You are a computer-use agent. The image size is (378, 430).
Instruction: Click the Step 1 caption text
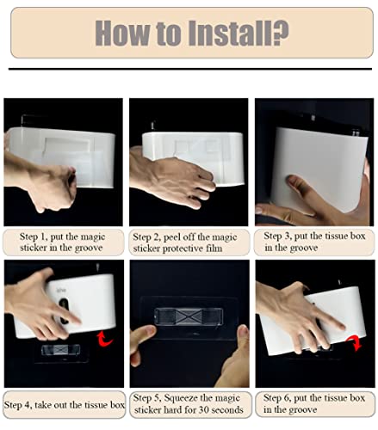pos(62,243)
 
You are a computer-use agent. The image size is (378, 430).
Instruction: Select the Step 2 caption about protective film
pos(184,243)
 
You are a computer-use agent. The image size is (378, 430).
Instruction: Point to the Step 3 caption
pos(314,242)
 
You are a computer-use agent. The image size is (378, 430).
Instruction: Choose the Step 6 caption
pos(314,403)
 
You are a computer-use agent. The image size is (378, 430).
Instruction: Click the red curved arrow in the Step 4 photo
pos(105,339)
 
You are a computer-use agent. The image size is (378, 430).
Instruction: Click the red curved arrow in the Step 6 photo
pos(355,342)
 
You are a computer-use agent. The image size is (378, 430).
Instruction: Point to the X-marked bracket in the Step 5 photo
pos(189,316)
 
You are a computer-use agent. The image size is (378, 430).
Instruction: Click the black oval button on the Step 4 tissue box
pos(64,311)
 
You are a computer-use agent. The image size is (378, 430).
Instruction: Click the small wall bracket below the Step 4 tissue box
pos(60,350)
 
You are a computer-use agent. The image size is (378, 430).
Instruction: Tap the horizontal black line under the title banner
pos(190,69)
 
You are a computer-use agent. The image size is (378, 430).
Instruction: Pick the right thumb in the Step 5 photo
pos(244,337)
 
